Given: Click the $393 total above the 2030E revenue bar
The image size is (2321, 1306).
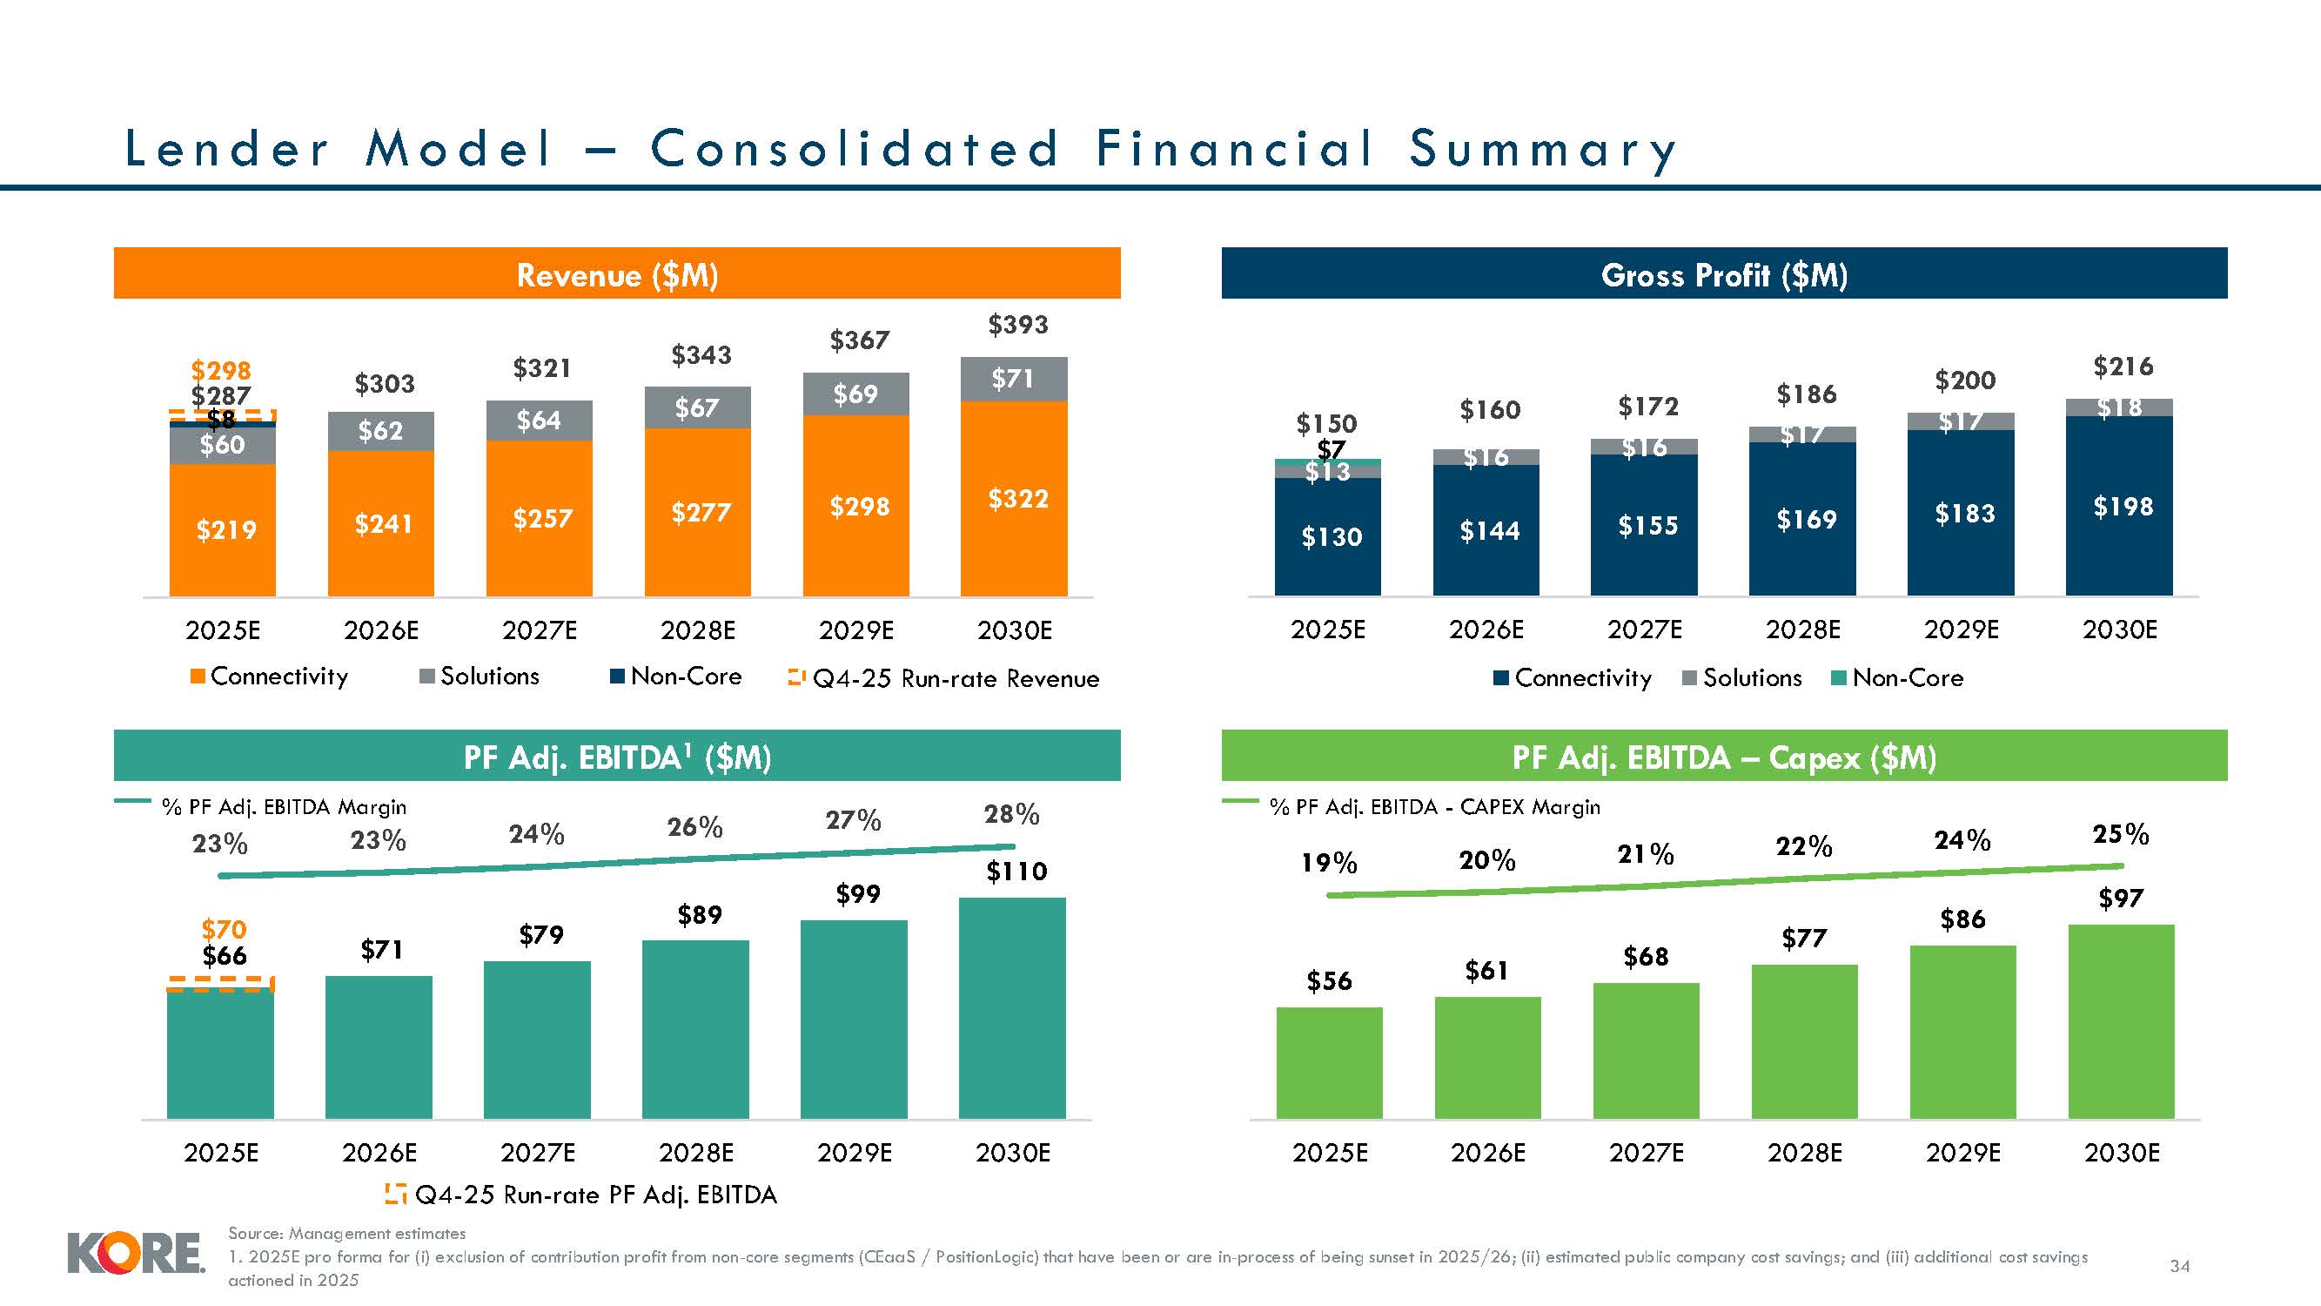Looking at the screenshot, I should [1018, 325].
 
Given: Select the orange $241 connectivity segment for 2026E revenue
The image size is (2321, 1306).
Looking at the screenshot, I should [381, 522].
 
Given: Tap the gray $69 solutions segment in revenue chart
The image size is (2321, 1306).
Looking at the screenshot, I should [855, 394].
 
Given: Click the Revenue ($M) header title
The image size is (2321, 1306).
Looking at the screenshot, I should [617, 274].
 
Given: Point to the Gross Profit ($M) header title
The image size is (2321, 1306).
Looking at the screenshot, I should [1724, 274].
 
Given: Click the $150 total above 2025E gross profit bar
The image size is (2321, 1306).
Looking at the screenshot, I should [1326, 423].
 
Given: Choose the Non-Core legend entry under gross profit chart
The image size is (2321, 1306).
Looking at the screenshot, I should [1897, 677].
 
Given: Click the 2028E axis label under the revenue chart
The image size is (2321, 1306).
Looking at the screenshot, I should [697, 630].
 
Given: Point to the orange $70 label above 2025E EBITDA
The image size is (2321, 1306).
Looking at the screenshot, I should [224, 929].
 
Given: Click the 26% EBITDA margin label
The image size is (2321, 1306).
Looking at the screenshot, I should [694, 826].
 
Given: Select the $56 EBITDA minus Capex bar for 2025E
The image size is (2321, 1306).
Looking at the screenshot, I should [1329, 1064].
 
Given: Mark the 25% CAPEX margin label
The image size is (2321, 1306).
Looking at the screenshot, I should [2120, 834].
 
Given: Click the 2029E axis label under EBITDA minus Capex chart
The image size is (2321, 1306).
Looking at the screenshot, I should [1962, 1153].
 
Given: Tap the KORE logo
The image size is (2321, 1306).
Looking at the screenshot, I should [135, 1255].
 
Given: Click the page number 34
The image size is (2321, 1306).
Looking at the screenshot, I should [2178, 1266].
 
